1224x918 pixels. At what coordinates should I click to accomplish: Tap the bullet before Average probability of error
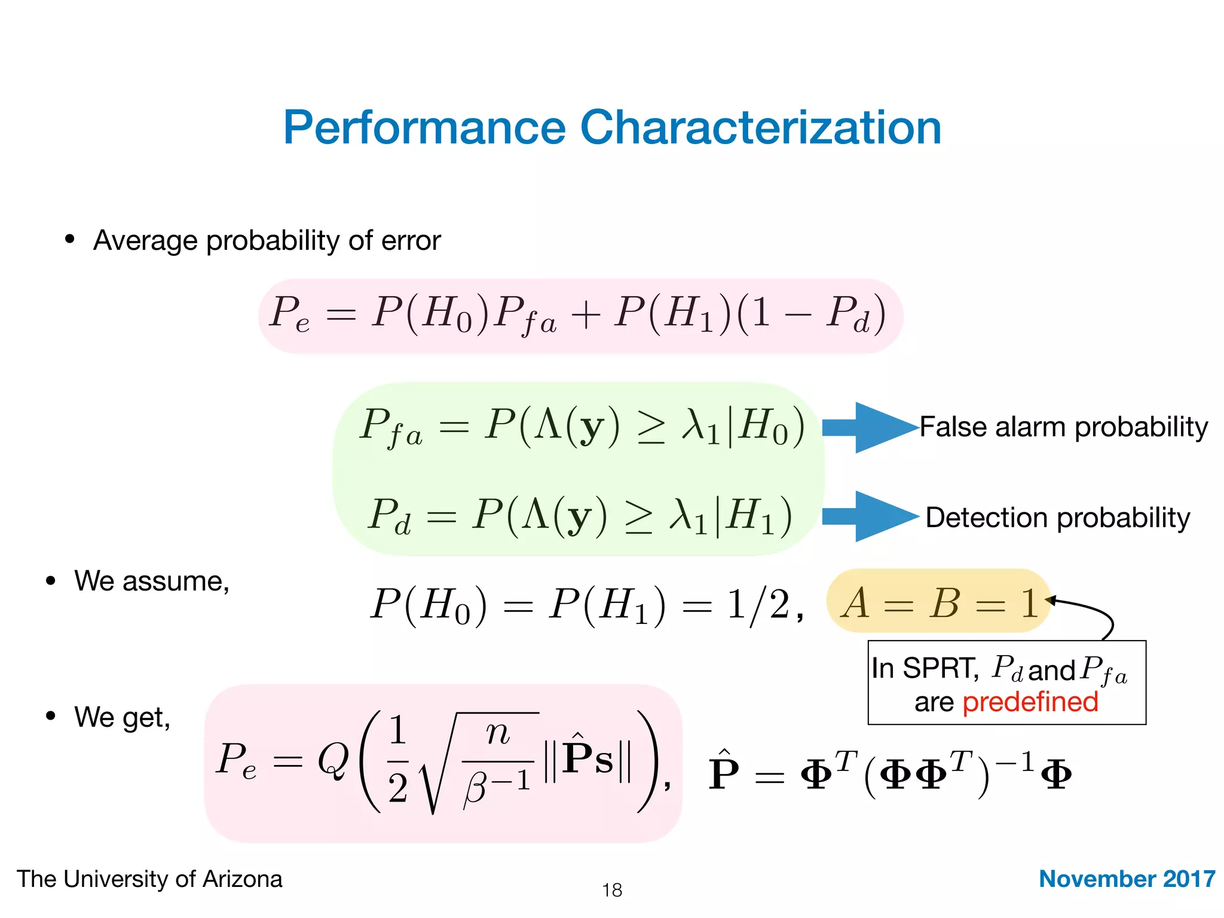pos(70,239)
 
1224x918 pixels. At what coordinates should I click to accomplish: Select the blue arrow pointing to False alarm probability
pos(870,427)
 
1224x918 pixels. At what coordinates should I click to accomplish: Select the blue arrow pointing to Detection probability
pos(870,516)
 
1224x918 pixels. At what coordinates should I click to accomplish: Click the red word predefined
pos(1030,702)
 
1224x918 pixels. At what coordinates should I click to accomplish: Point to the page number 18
pos(612,890)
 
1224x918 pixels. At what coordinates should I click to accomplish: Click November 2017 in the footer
pos(1127,879)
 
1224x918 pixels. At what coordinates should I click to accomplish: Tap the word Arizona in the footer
pos(242,879)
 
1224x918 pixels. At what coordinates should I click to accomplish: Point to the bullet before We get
pos(51,715)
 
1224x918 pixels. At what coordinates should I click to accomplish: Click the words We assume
pos(152,581)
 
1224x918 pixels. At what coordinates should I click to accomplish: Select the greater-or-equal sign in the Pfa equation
pos(651,428)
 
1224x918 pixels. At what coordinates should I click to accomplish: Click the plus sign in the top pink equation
pos(585,314)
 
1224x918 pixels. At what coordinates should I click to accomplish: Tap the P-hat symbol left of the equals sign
pos(723,772)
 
